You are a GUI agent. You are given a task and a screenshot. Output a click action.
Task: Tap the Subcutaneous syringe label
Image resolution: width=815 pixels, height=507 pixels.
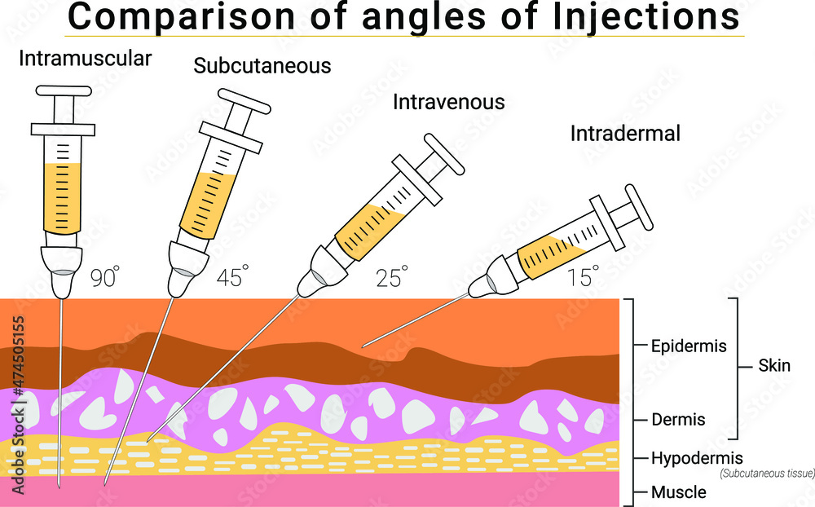(x=262, y=66)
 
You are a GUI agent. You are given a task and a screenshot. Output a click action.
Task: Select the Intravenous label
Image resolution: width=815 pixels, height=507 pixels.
(x=449, y=103)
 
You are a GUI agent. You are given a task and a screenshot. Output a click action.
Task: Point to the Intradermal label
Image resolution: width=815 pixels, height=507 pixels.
(x=625, y=134)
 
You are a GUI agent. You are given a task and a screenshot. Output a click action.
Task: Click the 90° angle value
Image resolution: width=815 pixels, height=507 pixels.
(x=105, y=278)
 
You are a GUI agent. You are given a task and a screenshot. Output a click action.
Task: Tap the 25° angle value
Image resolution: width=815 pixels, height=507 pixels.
(x=390, y=278)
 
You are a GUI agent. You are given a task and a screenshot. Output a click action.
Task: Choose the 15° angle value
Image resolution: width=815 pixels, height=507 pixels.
(x=583, y=278)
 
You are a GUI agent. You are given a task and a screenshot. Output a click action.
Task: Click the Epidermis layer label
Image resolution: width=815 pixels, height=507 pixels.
(x=689, y=346)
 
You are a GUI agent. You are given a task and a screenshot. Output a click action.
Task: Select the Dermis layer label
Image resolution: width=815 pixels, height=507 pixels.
(x=678, y=421)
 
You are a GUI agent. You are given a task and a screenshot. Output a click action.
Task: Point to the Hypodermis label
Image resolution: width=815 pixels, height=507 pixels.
(x=697, y=458)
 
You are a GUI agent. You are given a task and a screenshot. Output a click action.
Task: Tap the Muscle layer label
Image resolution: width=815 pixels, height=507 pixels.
(x=678, y=492)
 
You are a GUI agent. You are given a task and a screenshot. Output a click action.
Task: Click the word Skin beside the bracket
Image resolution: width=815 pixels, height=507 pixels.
(x=774, y=365)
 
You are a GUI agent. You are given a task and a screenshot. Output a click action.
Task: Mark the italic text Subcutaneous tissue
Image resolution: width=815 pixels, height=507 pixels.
(x=766, y=474)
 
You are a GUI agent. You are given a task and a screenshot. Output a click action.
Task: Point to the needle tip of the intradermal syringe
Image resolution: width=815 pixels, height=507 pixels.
(x=363, y=345)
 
